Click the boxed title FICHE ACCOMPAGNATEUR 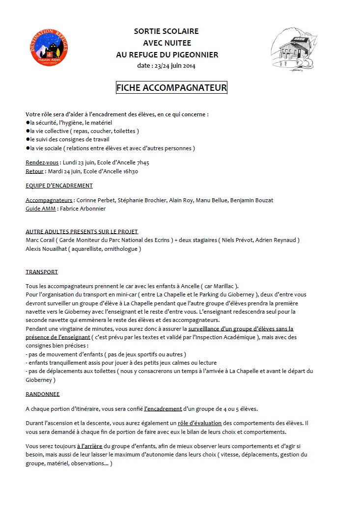pyautogui.click(x=171, y=88)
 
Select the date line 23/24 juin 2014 pyautogui.click(x=167, y=66)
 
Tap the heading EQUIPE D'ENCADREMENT pyautogui.click(x=59, y=186)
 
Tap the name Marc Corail pyautogui.click(x=39, y=240)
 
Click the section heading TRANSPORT pyautogui.click(x=42, y=271)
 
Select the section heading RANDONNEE pyautogui.click(x=42, y=394)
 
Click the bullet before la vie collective pyautogui.click(x=28, y=131)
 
